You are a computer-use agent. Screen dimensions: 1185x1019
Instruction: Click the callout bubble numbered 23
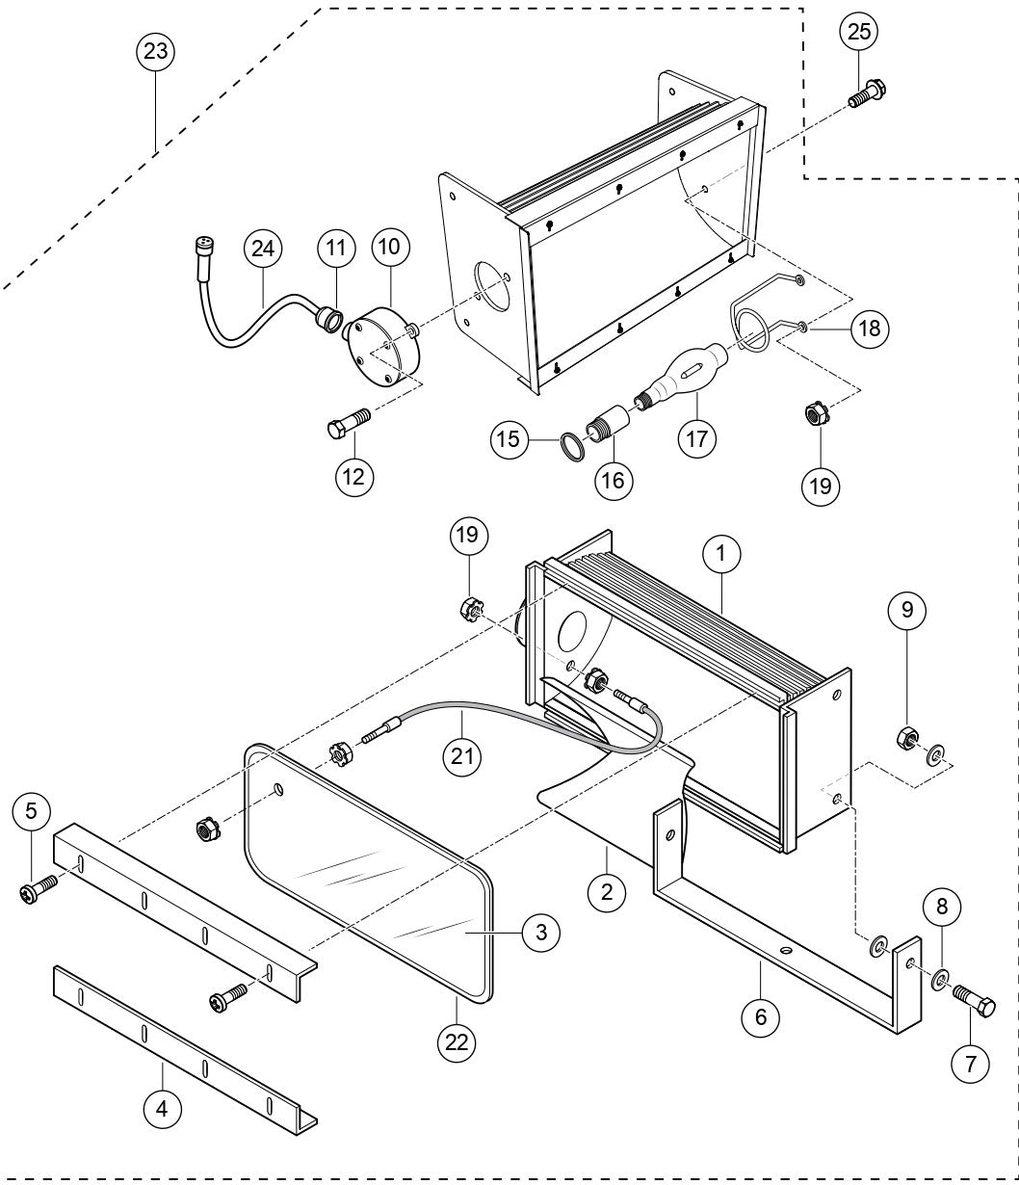[x=156, y=52]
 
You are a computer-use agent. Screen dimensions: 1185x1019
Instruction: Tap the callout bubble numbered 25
[x=858, y=32]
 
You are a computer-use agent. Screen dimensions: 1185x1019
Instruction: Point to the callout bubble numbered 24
[x=263, y=250]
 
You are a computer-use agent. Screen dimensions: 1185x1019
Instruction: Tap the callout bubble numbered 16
[x=614, y=479]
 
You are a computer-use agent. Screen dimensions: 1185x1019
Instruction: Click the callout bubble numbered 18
[x=870, y=327]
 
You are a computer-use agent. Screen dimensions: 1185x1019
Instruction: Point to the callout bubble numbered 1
[x=720, y=553]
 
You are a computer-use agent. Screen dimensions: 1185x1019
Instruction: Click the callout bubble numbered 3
[x=541, y=932]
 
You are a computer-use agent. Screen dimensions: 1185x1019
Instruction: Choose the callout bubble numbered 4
[x=162, y=1109]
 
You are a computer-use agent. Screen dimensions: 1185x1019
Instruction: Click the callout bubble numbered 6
[x=760, y=1014]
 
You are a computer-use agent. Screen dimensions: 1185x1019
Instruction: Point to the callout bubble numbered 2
[x=606, y=891]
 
